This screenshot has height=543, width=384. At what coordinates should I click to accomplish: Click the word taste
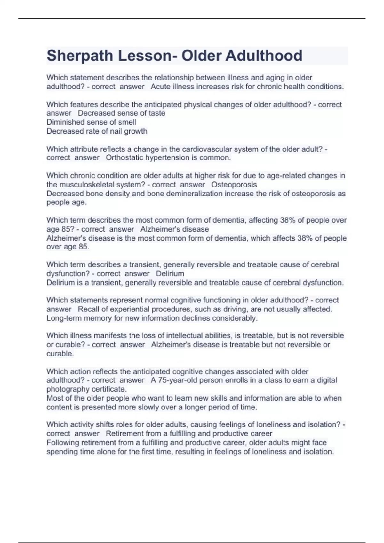click(157, 113)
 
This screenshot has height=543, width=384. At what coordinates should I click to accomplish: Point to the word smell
click(127, 122)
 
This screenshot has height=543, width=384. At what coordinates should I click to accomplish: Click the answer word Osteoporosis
click(234, 185)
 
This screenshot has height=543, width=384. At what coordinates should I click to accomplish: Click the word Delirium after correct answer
click(170, 274)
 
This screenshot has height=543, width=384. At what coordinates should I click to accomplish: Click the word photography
click(68, 389)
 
